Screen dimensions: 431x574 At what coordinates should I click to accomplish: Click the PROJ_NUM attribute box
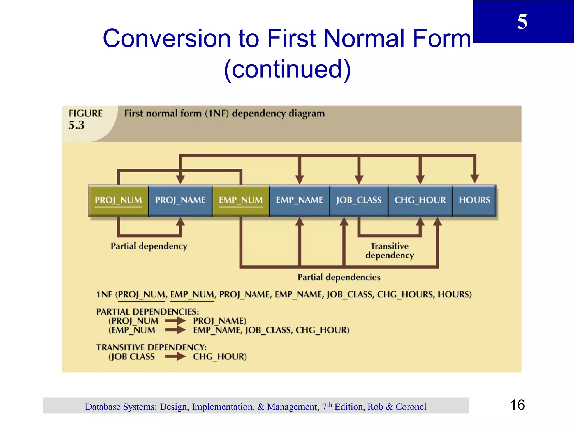(x=118, y=200)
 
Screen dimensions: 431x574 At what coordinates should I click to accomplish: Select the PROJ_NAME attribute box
(x=180, y=200)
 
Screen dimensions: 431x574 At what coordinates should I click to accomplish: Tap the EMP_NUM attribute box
(x=240, y=200)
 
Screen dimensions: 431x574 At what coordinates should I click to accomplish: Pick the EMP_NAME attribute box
(x=299, y=200)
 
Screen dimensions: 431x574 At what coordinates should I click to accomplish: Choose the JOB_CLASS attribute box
(x=359, y=200)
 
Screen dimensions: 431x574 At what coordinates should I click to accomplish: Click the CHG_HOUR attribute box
(x=420, y=200)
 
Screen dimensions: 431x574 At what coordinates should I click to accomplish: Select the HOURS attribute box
(x=474, y=200)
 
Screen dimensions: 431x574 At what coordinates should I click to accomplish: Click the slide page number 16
(x=517, y=405)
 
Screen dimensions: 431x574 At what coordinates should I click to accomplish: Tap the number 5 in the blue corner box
(x=522, y=22)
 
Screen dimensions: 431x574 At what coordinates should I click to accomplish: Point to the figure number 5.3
(x=76, y=125)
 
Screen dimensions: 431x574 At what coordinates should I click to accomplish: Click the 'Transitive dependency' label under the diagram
(x=389, y=251)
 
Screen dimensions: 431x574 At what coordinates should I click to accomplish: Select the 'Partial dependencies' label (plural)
(x=339, y=277)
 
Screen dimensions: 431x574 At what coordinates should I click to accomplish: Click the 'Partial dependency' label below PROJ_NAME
(x=149, y=246)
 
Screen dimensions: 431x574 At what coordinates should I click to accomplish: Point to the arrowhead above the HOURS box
(x=474, y=178)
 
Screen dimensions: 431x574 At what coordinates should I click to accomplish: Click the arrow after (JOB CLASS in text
(x=175, y=357)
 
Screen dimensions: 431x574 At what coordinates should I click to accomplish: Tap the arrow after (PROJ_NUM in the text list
(x=175, y=321)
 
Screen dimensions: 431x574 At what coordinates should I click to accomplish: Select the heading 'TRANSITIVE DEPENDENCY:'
(x=151, y=347)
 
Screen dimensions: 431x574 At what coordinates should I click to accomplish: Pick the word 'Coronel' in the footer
(x=411, y=407)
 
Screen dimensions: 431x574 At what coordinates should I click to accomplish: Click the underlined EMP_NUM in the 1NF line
(x=192, y=295)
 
